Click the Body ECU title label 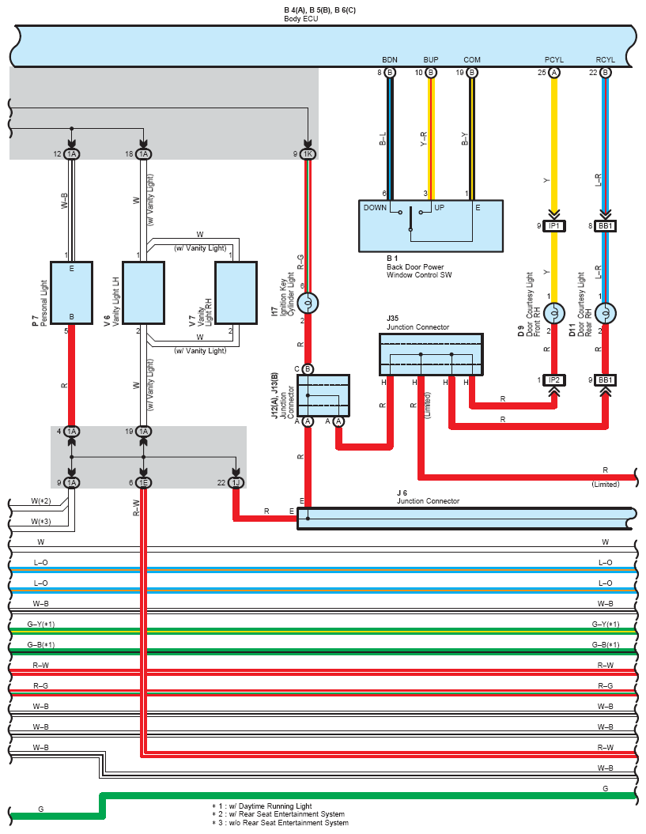click(301, 19)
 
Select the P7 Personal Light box click(71, 292)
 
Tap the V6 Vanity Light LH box click(143, 292)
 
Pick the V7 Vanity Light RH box click(236, 292)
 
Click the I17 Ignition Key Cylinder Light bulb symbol click(308, 304)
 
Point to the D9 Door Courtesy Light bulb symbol click(554, 313)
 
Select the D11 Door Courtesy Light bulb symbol click(606, 313)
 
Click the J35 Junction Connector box click(431, 354)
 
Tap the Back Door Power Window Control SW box click(431, 225)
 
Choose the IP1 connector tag click(554, 226)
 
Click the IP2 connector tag click(554, 380)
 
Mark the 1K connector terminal click(308, 154)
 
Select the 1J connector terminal click(236, 482)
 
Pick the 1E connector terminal click(143, 482)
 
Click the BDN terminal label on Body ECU click(390, 59)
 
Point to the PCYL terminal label click(554, 59)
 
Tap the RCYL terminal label click(606, 59)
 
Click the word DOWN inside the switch click(375, 207)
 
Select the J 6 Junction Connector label click(428, 496)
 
